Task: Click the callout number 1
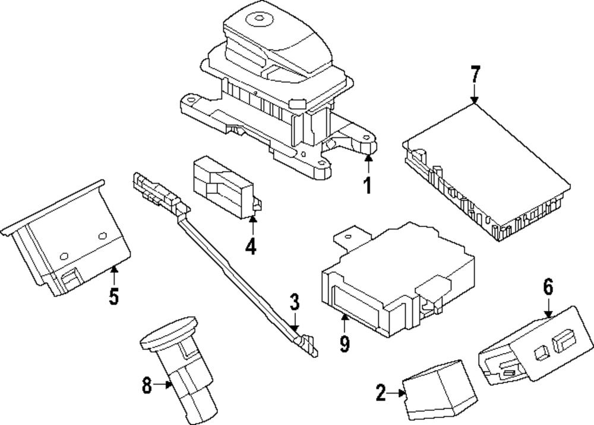click(x=368, y=186)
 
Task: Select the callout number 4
click(x=251, y=245)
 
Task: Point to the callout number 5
click(x=114, y=295)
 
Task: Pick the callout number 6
click(x=548, y=287)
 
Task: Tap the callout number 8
click(x=147, y=386)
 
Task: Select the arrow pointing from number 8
click(x=163, y=386)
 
